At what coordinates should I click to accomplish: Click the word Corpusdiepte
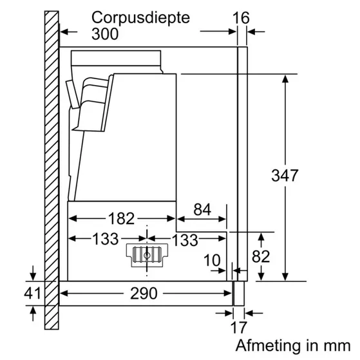(x=142, y=17)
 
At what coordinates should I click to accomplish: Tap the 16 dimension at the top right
(x=241, y=17)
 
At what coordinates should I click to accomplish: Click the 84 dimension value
(x=202, y=210)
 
